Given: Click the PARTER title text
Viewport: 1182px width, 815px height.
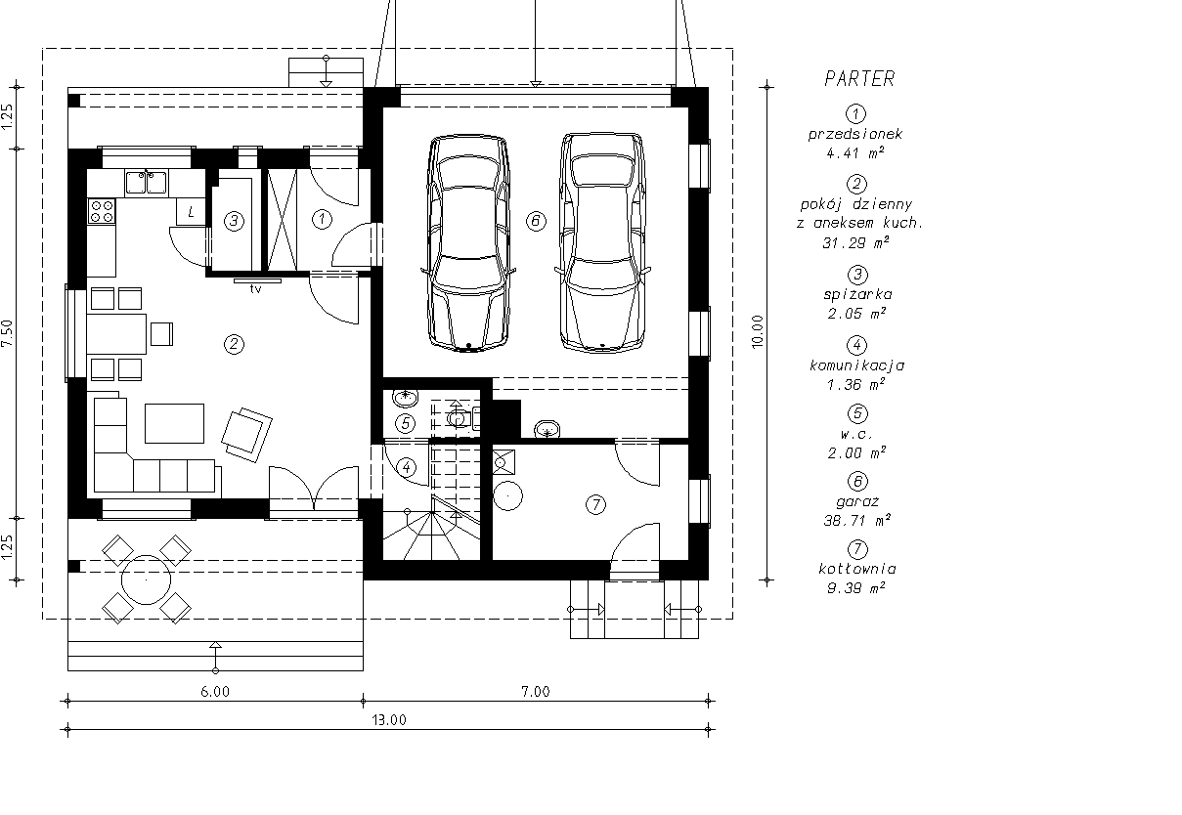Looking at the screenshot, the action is point(859,78).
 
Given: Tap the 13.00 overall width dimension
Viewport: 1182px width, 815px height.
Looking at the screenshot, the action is point(389,720).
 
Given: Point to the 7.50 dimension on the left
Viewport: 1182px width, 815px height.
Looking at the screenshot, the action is point(8,333).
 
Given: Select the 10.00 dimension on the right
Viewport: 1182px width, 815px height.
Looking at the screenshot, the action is point(758,332).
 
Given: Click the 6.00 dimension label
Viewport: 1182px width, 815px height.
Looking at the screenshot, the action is point(215,692).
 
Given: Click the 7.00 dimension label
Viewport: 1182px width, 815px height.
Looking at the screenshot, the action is point(536,692).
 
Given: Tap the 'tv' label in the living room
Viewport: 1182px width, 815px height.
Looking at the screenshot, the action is point(256,289).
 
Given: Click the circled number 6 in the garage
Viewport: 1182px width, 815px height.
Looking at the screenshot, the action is point(536,221).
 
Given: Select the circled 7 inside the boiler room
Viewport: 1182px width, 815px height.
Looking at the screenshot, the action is point(595,505).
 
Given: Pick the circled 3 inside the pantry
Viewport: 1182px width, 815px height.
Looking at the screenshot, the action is point(235,221).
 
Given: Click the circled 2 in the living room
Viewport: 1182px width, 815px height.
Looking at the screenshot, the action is point(235,344).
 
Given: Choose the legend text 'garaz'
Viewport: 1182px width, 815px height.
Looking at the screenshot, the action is point(857,501).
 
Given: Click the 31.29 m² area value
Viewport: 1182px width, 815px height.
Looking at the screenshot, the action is point(855,242).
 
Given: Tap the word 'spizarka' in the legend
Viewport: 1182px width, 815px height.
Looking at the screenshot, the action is point(857,294).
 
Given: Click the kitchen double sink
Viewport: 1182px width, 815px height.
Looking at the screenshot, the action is point(147,183).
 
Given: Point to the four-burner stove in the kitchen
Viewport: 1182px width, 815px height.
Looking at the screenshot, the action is point(102,211).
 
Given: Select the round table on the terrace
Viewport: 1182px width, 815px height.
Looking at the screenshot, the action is point(147,579).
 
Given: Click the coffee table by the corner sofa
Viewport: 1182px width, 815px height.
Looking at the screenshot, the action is point(174,423).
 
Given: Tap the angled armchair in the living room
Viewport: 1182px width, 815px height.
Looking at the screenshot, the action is point(246,435).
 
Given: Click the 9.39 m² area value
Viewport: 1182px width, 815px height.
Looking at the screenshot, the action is point(856,587).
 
